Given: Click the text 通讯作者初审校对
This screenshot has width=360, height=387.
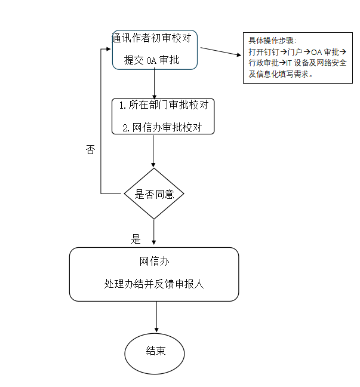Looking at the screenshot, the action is tap(152, 38).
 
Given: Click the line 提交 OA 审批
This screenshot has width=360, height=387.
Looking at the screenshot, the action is tap(152, 60).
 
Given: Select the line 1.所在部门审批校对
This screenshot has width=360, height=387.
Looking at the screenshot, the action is tap(164, 105).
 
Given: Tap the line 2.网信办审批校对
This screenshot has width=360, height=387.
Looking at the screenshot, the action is tap(162, 128).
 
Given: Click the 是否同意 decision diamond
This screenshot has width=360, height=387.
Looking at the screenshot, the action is tap(154, 193).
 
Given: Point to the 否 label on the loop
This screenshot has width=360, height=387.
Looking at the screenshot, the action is tap(90, 149).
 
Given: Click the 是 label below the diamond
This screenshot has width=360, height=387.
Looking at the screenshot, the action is tap(136, 239).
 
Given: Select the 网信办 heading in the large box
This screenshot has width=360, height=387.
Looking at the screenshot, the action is tap(154, 262).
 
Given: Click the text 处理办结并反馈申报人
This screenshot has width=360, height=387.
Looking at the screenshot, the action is tap(154, 284).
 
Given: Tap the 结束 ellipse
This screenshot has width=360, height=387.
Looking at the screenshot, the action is tap(155, 354).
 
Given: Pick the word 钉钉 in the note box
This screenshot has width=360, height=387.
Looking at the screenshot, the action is tap(272, 52).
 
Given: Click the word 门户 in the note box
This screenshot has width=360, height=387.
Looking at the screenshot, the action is tap(295, 52).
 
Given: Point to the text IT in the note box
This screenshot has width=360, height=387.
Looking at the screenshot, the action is tap(289, 63).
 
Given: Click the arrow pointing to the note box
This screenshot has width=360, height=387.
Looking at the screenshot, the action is tap(221, 51).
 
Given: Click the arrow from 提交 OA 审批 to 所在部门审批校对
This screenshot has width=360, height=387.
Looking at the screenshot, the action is tap(155, 84).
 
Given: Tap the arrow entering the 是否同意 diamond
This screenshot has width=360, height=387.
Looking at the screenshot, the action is tap(153, 151).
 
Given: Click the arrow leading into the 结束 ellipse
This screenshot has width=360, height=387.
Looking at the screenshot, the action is tap(156, 317).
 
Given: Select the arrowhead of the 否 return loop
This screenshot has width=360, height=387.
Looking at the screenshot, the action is tap(109, 49).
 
